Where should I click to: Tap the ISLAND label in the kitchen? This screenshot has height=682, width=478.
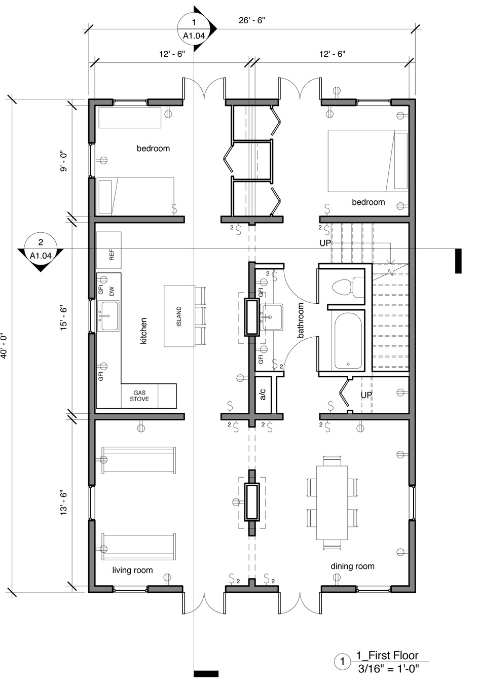pyautogui.click(x=179, y=316)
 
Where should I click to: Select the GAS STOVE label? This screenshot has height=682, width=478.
pyautogui.click(x=139, y=396)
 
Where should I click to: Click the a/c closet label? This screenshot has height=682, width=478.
pyautogui.click(x=263, y=394)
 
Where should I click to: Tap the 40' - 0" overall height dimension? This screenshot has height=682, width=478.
pyautogui.click(x=4, y=345)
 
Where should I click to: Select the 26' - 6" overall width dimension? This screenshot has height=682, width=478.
pyautogui.click(x=252, y=20)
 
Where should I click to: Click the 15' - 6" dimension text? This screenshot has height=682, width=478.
pyautogui.click(x=63, y=318)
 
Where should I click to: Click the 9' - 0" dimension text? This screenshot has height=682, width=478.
pyautogui.click(x=63, y=161)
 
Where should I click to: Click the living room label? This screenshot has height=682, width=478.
pyautogui.click(x=132, y=570)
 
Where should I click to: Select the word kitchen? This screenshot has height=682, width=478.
pyautogui.click(x=143, y=331)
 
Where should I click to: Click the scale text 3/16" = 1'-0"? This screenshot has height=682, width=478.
pyautogui.click(x=388, y=669)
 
